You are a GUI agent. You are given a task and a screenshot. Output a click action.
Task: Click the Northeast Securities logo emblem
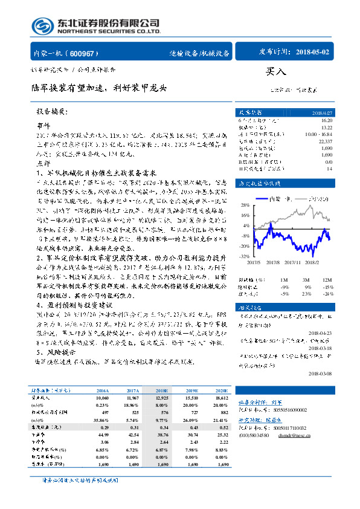[41, 26]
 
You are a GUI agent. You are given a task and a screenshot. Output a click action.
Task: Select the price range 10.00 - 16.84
[318, 134]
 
